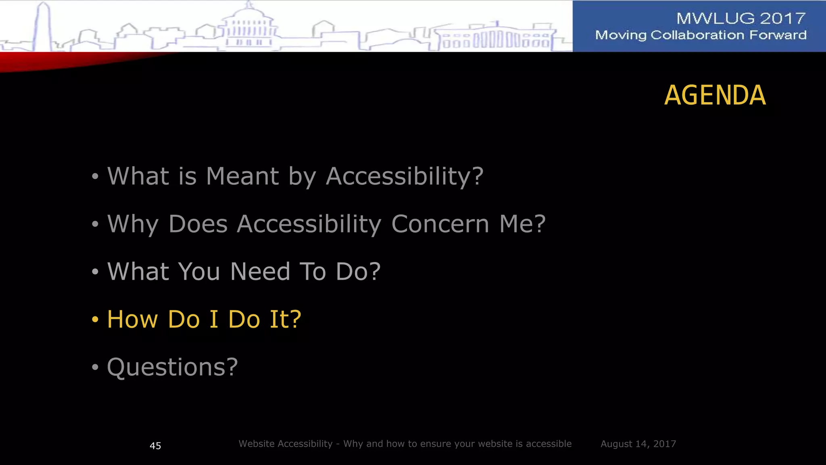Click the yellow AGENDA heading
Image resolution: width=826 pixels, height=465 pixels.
tap(715, 96)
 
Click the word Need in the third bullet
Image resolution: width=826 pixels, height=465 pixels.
tap(260, 271)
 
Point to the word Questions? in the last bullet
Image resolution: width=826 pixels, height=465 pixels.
tap(172, 367)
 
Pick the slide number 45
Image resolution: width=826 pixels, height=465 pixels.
tap(155, 446)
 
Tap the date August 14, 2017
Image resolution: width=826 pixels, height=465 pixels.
tap(638, 444)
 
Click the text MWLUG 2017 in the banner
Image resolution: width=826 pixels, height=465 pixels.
tap(741, 18)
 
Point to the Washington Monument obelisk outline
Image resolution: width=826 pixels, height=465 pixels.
tap(42, 26)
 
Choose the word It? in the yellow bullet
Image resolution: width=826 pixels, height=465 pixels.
tap(285, 319)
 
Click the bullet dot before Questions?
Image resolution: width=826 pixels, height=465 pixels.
tap(95, 367)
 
